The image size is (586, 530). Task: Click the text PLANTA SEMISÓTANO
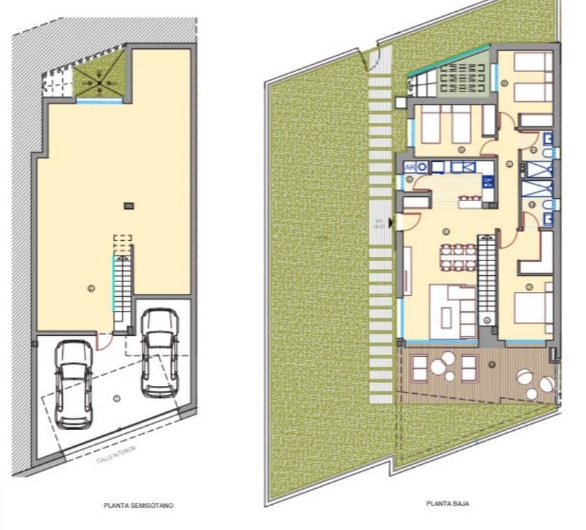click(x=138, y=505)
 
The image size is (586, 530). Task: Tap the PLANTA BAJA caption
click(x=448, y=502)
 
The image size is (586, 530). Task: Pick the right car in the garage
click(x=159, y=353)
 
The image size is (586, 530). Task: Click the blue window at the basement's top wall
click(x=98, y=102)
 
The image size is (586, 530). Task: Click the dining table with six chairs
click(x=458, y=256)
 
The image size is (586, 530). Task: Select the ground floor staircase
click(x=486, y=274)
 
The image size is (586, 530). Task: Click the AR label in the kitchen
click(x=410, y=168)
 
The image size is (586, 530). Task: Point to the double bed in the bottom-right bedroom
click(x=534, y=307)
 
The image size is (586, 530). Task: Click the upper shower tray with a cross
click(x=539, y=169)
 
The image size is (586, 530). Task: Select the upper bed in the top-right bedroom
click(x=532, y=63)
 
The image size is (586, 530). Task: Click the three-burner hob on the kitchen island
click(x=488, y=183)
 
